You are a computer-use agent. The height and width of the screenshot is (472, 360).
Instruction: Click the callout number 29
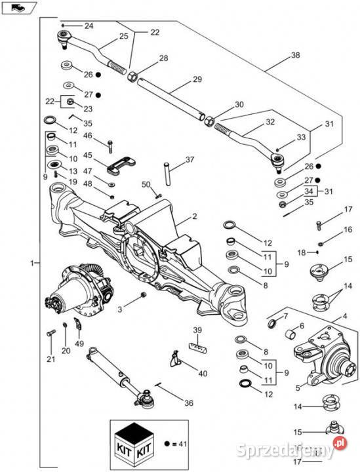(x=197, y=79)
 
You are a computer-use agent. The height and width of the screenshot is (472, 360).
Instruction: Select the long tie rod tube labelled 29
(x=171, y=98)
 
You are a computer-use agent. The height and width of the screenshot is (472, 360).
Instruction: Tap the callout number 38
(x=296, y=55)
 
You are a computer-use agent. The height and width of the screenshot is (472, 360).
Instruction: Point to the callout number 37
(x=190, y=159)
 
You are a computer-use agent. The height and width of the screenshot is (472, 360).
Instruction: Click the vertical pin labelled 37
(x=167, y=174)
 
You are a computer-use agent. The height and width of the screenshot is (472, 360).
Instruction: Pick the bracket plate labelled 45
(x=121, y=166)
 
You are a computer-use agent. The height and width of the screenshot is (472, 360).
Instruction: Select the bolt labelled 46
(x=110, y=147)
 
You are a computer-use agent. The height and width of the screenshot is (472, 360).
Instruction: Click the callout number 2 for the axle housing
(x=195, y=216)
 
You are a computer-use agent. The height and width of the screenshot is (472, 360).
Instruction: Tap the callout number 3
(x=120, y=309)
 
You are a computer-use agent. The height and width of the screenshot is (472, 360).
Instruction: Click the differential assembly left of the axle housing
(x=79, y=288)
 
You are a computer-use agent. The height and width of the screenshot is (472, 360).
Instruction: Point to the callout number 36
(x=189, y=403)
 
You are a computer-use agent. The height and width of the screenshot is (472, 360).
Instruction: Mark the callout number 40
(x=203, y=373)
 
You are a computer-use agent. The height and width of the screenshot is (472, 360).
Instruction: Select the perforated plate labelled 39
(x=197, y=347)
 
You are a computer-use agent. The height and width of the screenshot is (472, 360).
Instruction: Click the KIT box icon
(x=135, y=442)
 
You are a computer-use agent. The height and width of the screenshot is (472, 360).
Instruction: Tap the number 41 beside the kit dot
(x=183, y=444)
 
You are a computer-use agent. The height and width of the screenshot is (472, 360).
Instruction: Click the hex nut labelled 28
(x=132, y=77)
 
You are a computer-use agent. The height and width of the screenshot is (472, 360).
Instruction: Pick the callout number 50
(x=146, y=184)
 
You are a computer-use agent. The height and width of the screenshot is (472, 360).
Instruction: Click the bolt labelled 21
(x=51, y=332)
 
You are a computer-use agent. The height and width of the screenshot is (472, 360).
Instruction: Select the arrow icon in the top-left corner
(x=18, y=8)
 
